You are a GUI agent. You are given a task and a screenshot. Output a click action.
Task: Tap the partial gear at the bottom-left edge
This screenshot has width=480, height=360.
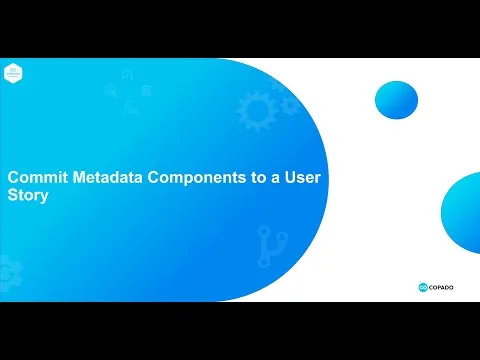[5, 267]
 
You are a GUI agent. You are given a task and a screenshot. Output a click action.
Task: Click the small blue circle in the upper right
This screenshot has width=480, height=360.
[395, 99]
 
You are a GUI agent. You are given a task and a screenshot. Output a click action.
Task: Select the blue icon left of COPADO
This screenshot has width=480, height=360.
[423, 286]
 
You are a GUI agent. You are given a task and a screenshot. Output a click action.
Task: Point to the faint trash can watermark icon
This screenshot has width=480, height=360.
[146, 92]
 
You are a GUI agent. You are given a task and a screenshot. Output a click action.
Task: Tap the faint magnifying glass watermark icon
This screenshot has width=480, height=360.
[109, 93]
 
